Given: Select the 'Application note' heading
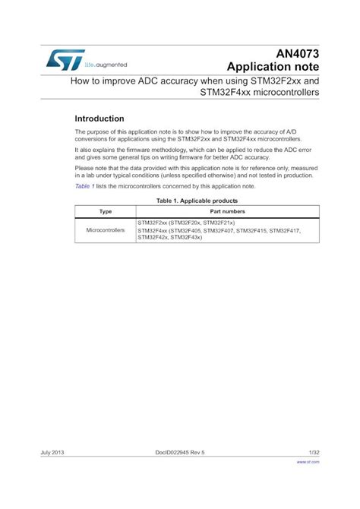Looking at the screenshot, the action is tap(271, 65).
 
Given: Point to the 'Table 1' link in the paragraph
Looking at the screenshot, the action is tap(84, 185).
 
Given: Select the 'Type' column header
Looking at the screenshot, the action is tap(106, 210).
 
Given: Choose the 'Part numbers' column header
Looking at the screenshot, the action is tap(227, 210).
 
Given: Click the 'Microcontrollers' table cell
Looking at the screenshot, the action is tap(106, 229).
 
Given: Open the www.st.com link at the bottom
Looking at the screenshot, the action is tap(308, 461).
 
